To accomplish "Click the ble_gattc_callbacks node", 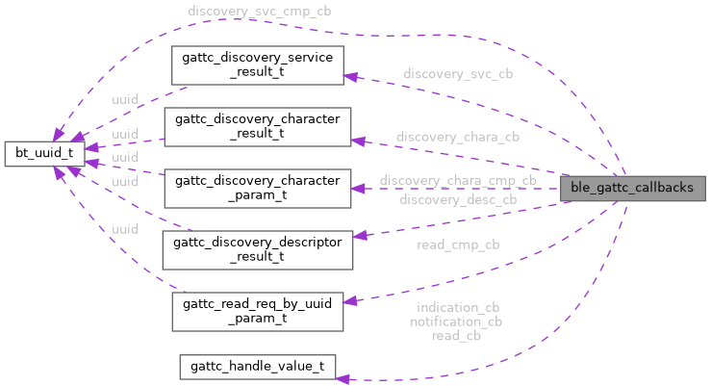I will click(631, 187).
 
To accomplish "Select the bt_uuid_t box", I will click(44, 152).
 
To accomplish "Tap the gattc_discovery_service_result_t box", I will click(257, 64).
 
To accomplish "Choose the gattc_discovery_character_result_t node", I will click(257, 127).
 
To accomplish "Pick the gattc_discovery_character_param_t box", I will click(257, 189).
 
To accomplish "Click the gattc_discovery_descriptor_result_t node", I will click(257, 249).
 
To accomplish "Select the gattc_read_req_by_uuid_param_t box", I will click(257, 312).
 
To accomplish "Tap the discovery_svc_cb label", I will click(458, 74).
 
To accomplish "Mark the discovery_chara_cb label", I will click(458, 138).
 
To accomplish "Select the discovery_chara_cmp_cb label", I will click(458, 181).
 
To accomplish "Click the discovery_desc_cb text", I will click(458, 199).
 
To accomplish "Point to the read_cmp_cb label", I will click(458, 244).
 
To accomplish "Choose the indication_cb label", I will click(457, 308).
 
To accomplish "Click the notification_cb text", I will click(457, 322).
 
